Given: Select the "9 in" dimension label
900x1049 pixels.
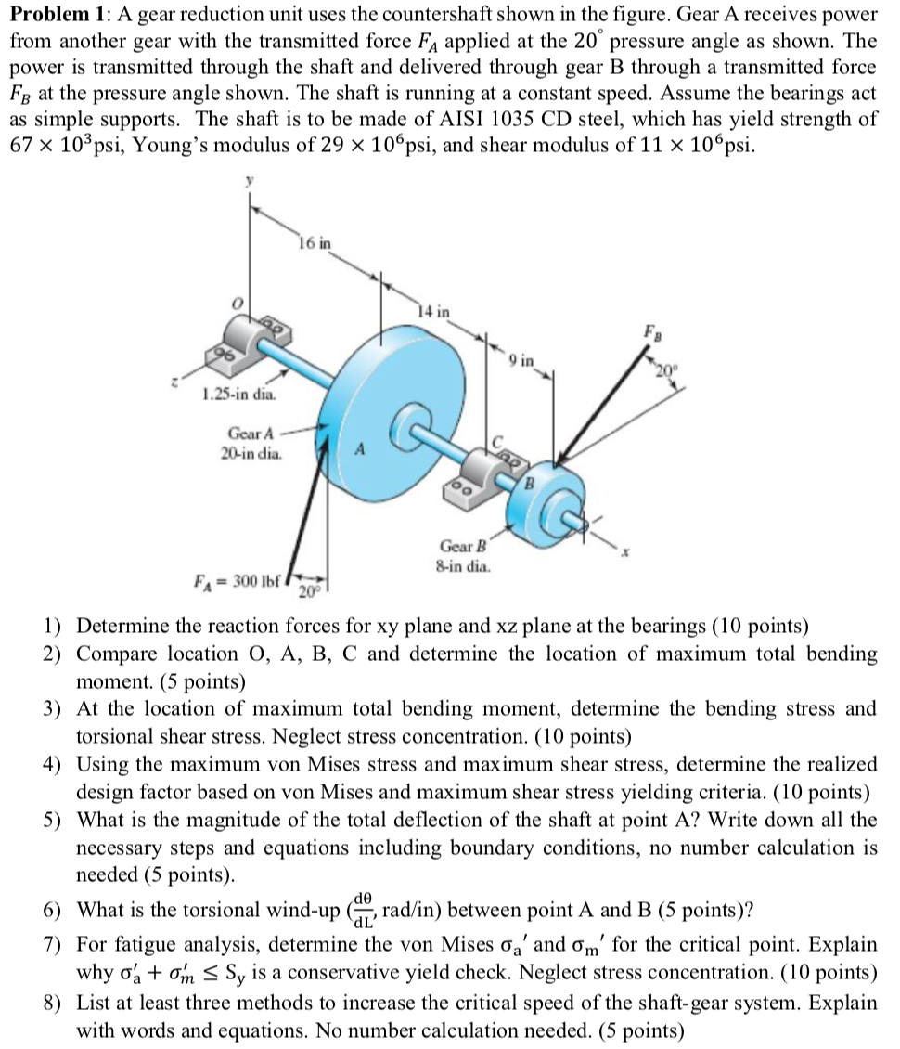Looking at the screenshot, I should pos(521,360).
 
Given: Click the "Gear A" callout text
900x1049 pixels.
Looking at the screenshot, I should pos(251,433).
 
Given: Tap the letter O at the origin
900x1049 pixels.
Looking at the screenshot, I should pos(237,304).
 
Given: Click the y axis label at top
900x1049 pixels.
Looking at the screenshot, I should pos(249,185).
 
